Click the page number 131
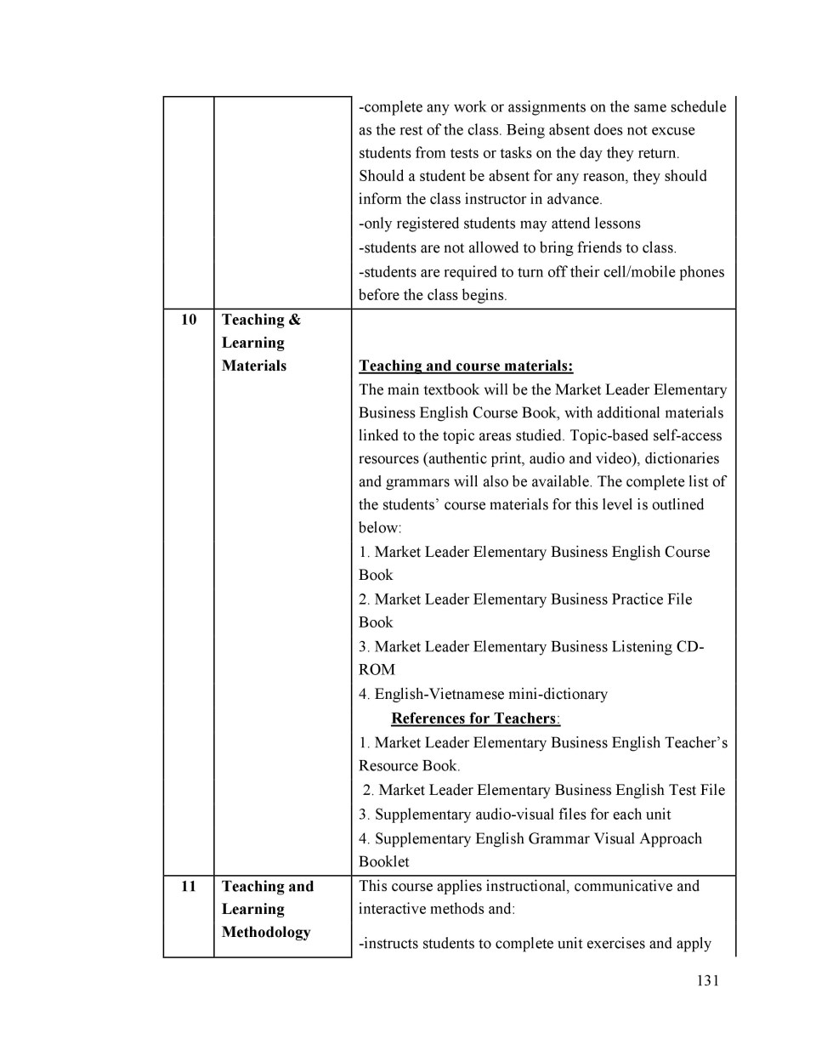pos(707,980)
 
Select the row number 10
pos(189,320)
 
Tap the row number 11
pos(189,886)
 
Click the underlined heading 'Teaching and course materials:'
pos(466,366)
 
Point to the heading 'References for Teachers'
pos(474,718)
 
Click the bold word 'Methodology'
pos(266,932)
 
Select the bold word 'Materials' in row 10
pos(254,366)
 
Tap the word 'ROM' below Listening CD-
pos(377,670)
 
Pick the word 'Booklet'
pos(383,861)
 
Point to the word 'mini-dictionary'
pos(558,694)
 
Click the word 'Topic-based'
pos(609,435)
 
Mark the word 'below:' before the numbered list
pos(380,527)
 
